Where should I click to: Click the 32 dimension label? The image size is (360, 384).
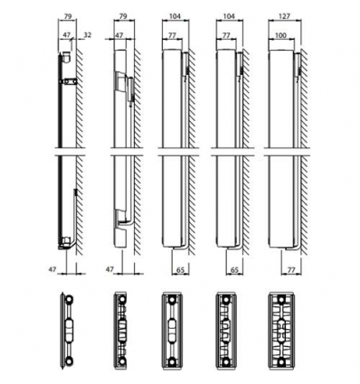click(x=86, y=35)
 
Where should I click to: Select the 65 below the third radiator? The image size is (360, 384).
click(x=182, y=268)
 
